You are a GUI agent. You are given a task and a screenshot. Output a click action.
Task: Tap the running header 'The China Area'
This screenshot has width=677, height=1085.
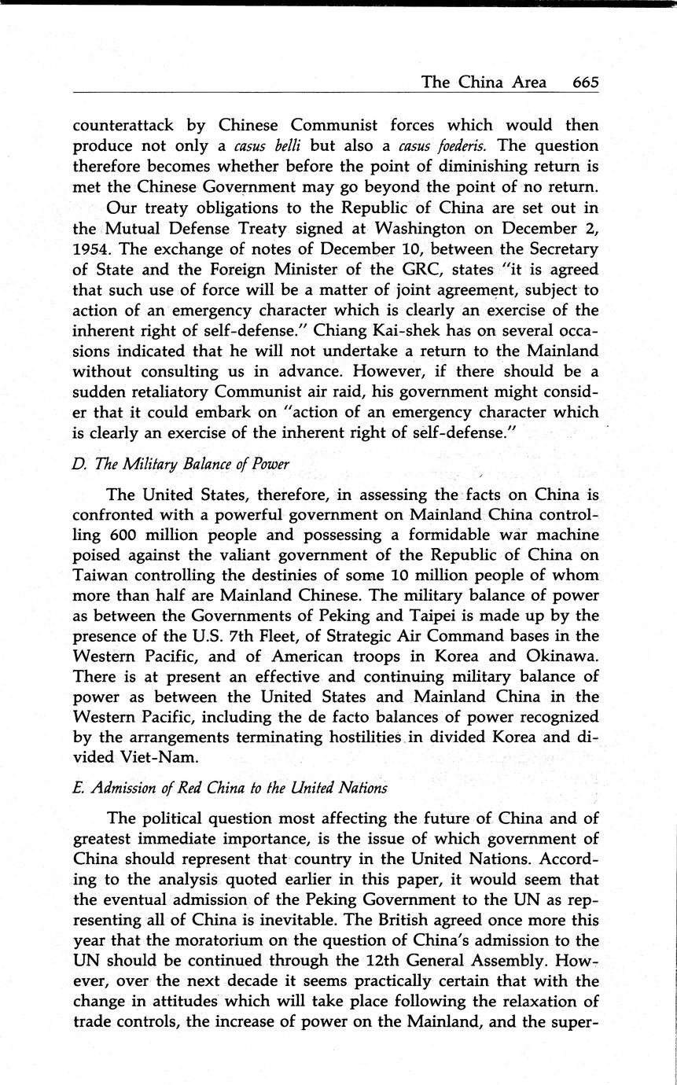[x=484, y=82]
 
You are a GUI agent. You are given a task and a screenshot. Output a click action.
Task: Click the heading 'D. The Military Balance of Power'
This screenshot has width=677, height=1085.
[x=181, y=464]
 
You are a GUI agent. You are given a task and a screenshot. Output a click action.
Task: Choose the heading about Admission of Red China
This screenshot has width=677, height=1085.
[x=230, y=787]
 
